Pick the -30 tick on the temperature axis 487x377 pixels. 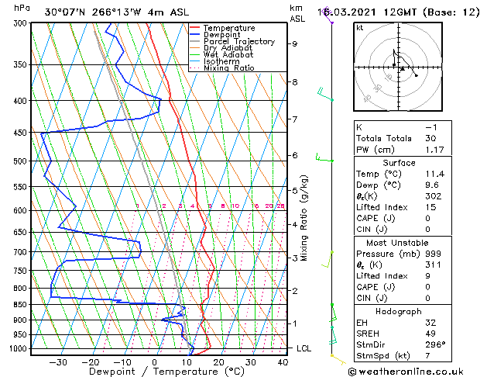click(58, 362)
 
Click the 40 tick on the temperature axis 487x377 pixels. click(282, 362)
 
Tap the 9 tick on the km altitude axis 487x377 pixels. click(294, 44)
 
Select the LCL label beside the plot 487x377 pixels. click(304, 349)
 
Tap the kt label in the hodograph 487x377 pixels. click(359, 28)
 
